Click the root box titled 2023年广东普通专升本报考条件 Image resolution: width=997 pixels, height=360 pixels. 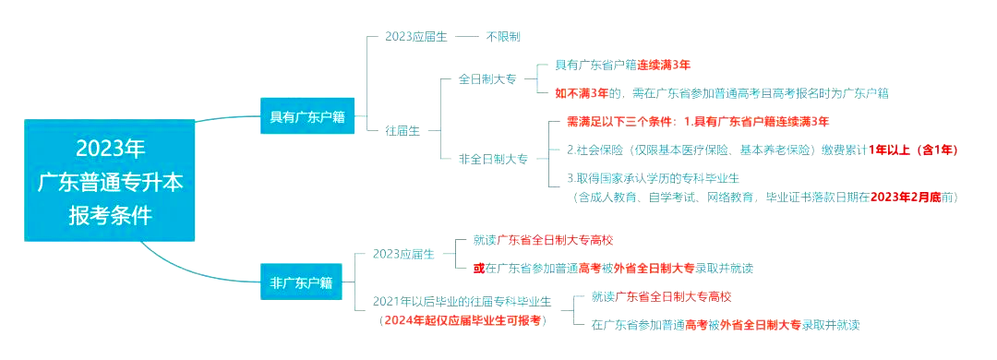click(110, 181)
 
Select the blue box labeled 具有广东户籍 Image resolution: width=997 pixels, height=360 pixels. click(306, 116)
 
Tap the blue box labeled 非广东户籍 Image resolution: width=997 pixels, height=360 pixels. click(301, 282)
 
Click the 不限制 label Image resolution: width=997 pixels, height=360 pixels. click(503, 37)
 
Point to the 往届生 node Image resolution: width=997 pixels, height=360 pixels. click(402, 130)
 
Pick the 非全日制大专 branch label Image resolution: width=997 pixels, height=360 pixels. click(493, 159)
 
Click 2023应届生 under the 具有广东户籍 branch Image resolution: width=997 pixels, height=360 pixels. click(416, 37)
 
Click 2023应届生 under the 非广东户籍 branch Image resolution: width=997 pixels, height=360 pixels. click(403, 254)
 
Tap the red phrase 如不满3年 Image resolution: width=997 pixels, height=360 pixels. click(582, 92)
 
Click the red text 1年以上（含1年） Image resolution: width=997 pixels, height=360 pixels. click(913, 150)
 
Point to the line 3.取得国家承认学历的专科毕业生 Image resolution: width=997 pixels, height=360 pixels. click(653, 177)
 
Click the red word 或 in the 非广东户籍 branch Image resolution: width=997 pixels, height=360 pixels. click(478, 268)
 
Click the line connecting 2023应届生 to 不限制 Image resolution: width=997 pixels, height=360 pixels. click(467, 37)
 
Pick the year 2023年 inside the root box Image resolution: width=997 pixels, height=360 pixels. click(110, 148)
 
